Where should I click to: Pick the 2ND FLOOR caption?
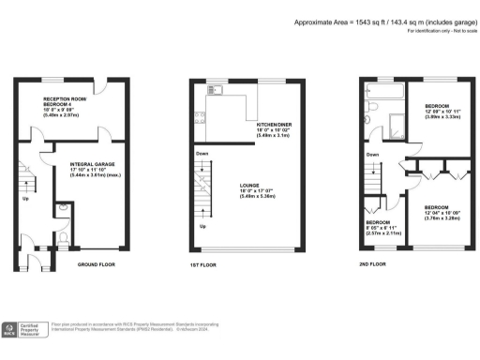click(371, 265)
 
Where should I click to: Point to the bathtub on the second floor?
click(387, 94)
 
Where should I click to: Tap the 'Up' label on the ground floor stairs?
click(25, 200)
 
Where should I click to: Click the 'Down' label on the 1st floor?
click(202, 153)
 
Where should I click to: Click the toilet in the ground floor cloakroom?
click(61, 207)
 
